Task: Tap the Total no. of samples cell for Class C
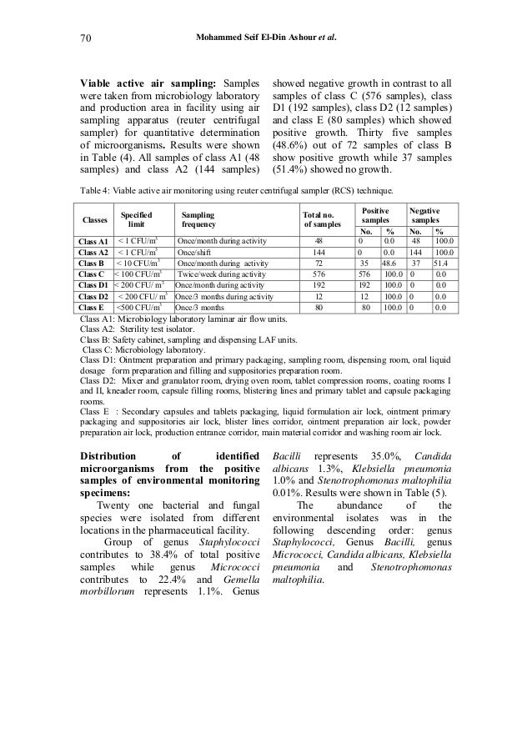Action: [318, 273]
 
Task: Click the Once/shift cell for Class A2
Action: [196, 251]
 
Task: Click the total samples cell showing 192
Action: [318, 284]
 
